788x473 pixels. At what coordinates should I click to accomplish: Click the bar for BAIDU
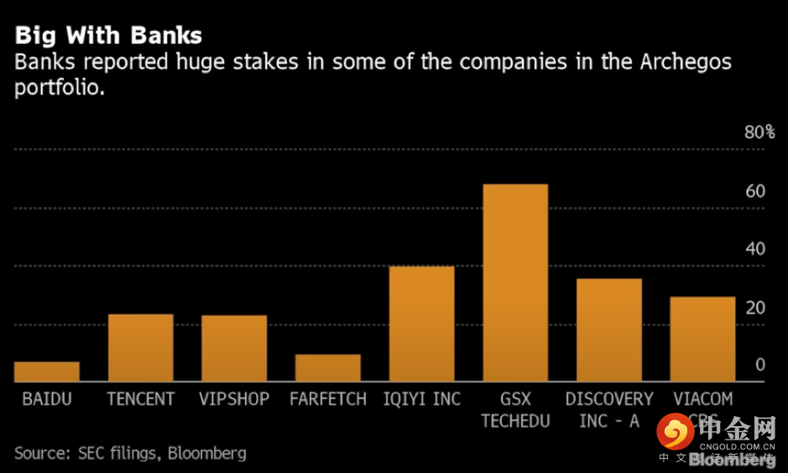pyautogui.click(x=47, y=372)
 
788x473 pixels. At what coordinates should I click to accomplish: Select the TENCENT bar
pyautogui.click(x=141, y=348)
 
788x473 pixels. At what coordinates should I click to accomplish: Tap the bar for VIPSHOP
pyautogui.click(x=234, y=349)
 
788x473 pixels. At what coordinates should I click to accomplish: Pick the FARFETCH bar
pyautogui.click(x=327, y=368)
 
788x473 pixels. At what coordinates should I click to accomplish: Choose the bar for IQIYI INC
pyautogui.click(x=421, y=325)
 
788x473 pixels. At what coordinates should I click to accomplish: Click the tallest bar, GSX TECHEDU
pyautogui.click(x=515, y=283)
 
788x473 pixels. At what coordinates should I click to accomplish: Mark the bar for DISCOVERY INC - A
pyautogui.click(x=608, y=330)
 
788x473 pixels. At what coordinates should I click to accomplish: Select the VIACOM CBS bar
pyautogui.click(x=702, y=340)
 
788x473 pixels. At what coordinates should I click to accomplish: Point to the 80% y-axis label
pyautogui.click(x=759, y=133)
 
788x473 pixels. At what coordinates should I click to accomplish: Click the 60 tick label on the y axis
pyautogui.click(x=755, y=191)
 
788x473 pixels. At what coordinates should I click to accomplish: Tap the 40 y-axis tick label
pyautogui.click(x=755, y=249)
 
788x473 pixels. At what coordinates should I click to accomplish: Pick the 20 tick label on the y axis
pyautogui.click(x=755, y=307)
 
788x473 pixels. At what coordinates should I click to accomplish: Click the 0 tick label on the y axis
pyautogui.click(x=760, y=365)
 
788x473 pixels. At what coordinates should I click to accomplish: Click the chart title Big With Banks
pyautogui.click(x=108, y=36)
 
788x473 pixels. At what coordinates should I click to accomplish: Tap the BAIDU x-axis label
pyautogui.click(x=47, y=399)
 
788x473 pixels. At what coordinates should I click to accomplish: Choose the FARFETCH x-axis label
pyautogui.click(x=328, y=399)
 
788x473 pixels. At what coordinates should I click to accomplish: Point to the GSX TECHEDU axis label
pyautogui.click(x=515, y=409)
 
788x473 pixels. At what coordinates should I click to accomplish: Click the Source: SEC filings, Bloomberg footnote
pyautogui.click(x=130, y=454)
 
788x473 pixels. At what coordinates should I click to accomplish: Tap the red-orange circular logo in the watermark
pyautogui.click(x=675, y=433)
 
